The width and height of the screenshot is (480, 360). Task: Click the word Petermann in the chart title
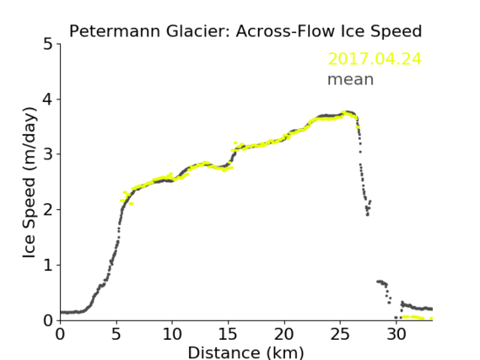tap(115, 31)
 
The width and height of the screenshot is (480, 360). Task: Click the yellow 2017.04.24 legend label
tap(375, 59)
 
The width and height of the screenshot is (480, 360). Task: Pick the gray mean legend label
tap(351, 79)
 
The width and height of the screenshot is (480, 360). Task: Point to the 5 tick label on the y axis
tap(48, 44)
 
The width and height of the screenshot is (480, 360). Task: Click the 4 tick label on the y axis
tap(48, 99)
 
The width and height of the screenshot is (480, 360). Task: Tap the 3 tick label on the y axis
tap(48, 154)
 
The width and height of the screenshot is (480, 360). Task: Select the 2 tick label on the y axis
tap(48, 210)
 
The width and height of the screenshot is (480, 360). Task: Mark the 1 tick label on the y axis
tap(48, 265)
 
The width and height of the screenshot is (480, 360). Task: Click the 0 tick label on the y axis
tap(48, 320)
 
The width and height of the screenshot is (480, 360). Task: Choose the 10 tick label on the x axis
tap(172, 334)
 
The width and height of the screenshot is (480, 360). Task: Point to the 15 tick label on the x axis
tap(228, 334)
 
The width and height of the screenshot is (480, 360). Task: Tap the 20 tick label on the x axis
tap(284, 334)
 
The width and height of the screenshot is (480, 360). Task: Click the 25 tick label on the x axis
tap(340, 334)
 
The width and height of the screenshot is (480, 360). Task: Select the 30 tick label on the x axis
tap(396, 334)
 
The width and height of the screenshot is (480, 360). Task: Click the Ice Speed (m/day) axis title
tap(30, 183)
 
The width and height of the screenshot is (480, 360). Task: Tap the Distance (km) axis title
tap(245, 353)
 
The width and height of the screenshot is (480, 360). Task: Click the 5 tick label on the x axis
tap(116, 334)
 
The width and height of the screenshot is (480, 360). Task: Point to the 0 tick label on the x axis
tap(60, 334)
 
